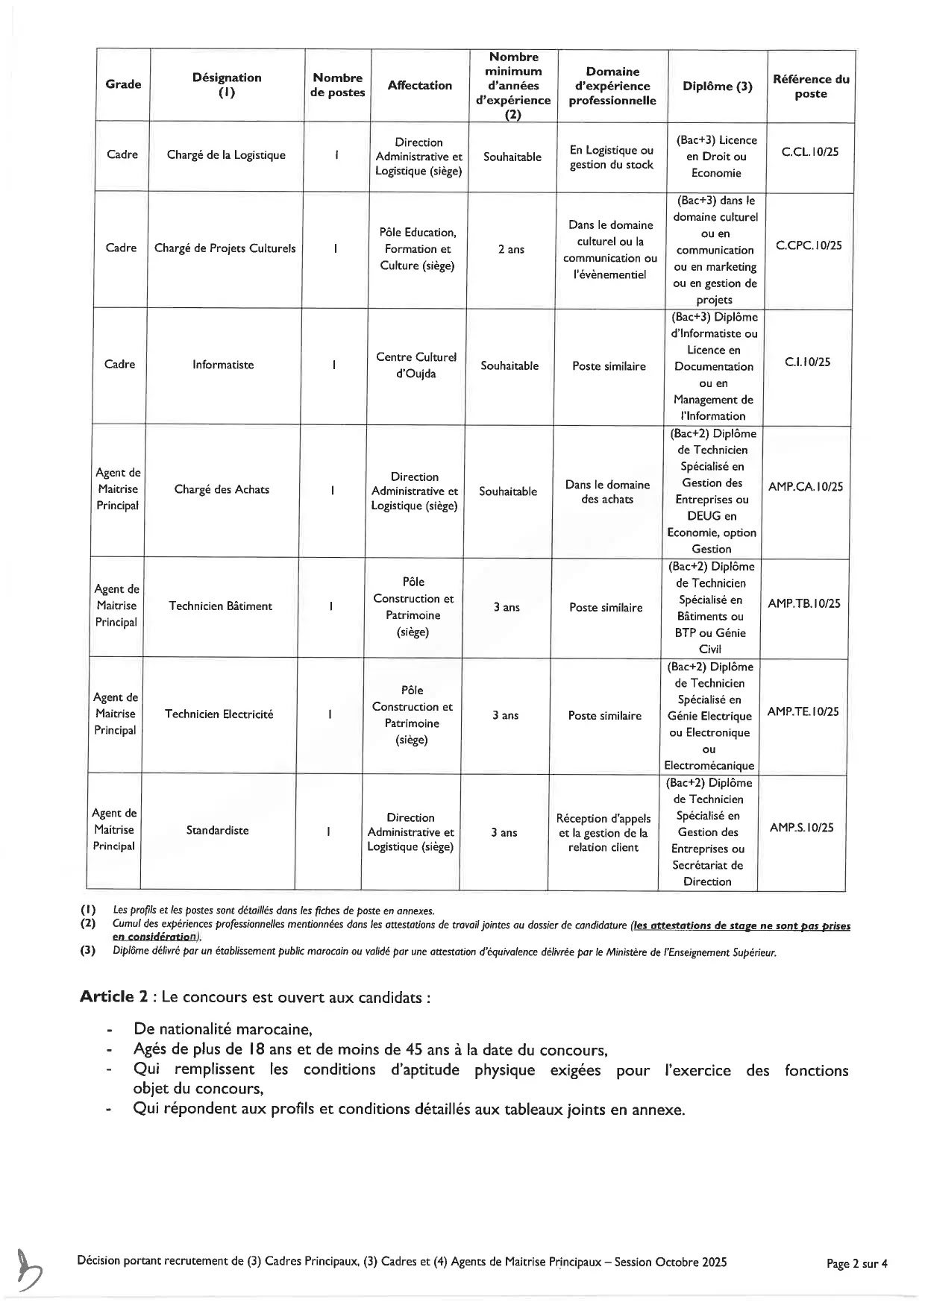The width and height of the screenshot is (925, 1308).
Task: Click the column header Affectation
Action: (x=419, y=86)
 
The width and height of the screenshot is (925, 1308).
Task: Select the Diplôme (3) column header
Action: (x=717, y=87)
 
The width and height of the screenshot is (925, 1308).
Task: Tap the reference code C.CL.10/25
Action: (x=809, y=152)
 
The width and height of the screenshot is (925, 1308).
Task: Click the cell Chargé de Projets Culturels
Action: (x=225, y=249)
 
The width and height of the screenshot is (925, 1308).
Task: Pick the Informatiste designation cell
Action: (x=223, y=365)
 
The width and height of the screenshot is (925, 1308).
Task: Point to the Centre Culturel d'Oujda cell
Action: (x=416, y=365)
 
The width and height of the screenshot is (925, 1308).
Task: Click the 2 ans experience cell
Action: (x=511, y=250)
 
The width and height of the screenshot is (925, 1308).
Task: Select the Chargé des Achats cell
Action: (x=222, y=490)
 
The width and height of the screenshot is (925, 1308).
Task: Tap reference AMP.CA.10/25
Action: (x=805, y=487)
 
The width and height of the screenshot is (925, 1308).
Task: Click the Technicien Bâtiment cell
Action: (x=220, y=606)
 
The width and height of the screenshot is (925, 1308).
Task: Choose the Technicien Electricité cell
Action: (x=219, y=714)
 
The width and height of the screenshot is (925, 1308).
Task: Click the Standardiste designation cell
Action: (x=217, y=831)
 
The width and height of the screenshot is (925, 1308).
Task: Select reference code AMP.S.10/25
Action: (x=801, y=828)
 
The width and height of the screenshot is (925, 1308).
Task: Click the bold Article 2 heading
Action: (x=113, y=998)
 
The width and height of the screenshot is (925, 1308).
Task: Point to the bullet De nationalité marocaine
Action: (x=222, y=1030)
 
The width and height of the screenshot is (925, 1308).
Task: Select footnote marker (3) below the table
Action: (x=88, y=952)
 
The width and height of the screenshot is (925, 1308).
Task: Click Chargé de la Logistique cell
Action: (x=226, y=155)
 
